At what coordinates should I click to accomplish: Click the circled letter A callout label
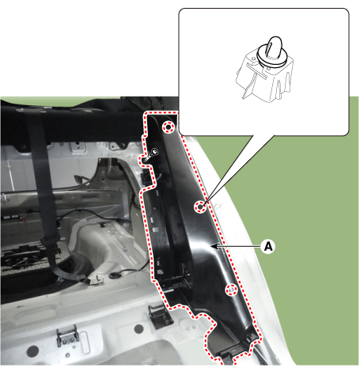tap(268, 246)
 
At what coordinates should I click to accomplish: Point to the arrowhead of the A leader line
tap(214, 246)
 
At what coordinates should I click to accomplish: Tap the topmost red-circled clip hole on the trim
tap(169, 127)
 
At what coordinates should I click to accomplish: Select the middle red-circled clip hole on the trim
tap(200, 207)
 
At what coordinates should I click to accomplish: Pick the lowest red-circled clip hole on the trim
tap(231, 290)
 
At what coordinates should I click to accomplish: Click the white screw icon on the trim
tap(152, 154)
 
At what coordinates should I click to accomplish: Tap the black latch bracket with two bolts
tap(68, 336)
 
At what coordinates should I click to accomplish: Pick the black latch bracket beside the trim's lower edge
tap(160, 316)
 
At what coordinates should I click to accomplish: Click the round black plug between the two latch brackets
tap(138, 328)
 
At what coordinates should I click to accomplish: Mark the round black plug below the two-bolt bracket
tap(32, 351)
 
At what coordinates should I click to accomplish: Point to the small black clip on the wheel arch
tap(101, 226)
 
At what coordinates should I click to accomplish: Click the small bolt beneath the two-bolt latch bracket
tap(67, 355)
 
